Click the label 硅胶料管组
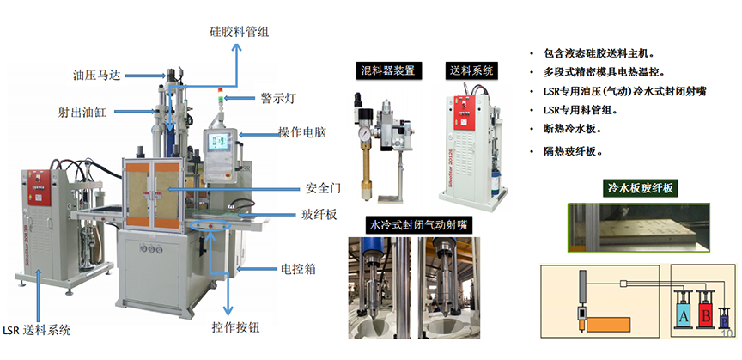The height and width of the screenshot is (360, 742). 239,31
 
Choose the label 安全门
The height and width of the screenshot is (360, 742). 319,187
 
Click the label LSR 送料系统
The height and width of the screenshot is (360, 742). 37,330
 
